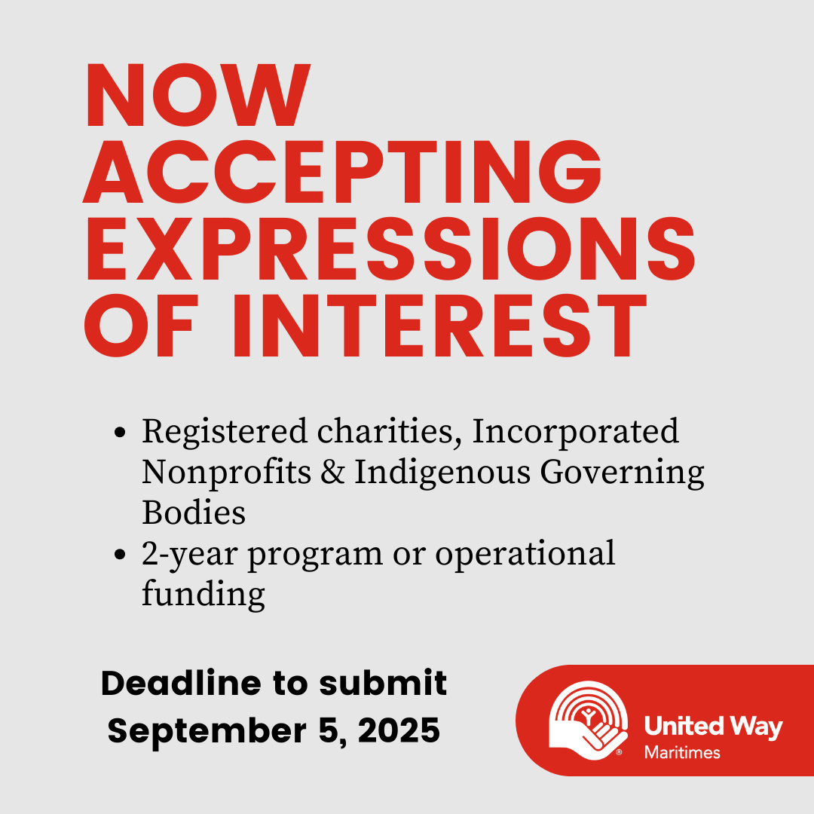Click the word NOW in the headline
[x=197, y=95]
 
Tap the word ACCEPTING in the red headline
[x=343, y=172]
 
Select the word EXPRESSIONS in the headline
[x=390, y=249]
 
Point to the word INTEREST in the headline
[x=440, y=326]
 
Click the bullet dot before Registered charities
[x=120, y=432]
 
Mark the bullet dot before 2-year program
[x=120, y=554]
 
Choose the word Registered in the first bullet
[x=225, y=433]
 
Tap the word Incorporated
[x=575, y=433]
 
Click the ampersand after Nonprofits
[x=333, y=473]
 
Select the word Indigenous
[x=443, y=473]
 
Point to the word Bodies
[x=194, y=513]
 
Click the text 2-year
[x=190, y=555]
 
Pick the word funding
[x=203, y=594]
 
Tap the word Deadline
[x=181, y=683]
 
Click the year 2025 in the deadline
[x=399, y=731]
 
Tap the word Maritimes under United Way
[x=682, y=753]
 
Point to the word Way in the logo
[x=756, y=727]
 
